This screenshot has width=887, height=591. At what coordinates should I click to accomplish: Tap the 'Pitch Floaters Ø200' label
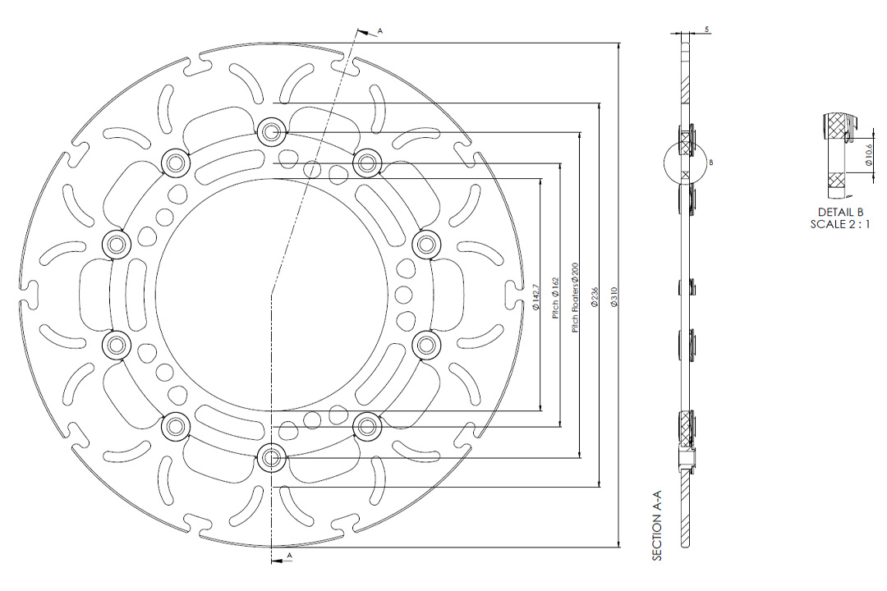576,297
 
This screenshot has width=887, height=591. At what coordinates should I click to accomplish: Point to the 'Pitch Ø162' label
556,300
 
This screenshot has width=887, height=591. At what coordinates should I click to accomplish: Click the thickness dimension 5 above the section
707,30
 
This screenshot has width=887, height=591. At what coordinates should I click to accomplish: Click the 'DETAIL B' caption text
839,212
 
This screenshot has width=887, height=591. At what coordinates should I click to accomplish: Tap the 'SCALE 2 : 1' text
839,223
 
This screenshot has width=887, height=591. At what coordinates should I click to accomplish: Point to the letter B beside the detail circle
711,163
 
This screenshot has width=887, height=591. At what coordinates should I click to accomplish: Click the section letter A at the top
380,30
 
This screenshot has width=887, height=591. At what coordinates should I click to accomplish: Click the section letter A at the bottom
288,556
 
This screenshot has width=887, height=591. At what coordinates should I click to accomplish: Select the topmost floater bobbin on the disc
271,131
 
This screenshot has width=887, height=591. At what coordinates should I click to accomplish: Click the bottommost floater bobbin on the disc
271,457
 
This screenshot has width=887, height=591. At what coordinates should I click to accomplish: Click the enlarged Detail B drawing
838,156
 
